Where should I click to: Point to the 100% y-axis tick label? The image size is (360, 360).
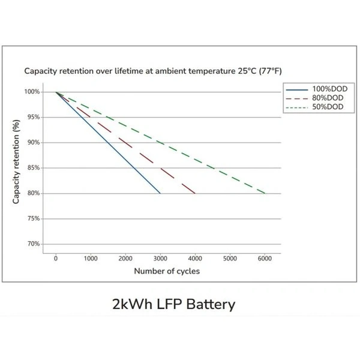(x=31, y=92)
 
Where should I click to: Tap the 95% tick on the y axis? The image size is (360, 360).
(x=32, y=117)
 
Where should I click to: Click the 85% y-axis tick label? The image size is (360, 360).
(x=32, y=168)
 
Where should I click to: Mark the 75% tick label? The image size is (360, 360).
(x=32, y=219)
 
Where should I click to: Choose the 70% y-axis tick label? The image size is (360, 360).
(x=32, y=244)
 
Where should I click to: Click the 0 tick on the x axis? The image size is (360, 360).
(x=56, y=259)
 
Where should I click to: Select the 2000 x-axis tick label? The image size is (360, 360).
(x=125, y=259)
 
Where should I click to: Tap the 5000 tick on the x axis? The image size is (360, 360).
(x=230, y=259)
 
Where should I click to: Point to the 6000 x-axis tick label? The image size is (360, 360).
(x=265, y=259)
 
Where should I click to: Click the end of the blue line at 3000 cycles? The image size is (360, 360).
(x=160, y=193)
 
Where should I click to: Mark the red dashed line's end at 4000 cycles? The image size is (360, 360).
(x=195, y=193)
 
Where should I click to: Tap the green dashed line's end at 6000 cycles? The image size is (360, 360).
(x=265, y=193)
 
